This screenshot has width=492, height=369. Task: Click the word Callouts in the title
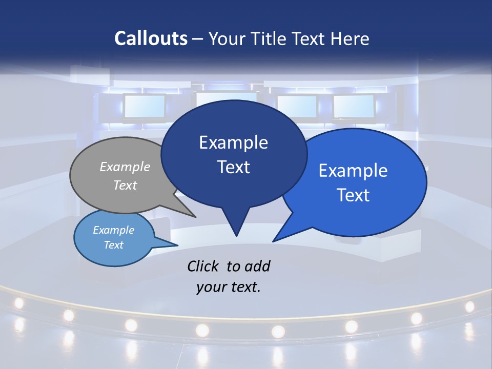click(x=151, y=38)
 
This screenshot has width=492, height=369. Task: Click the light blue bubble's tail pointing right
click(x=174, y=244)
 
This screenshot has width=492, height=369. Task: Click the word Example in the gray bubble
click(x=125, y=167)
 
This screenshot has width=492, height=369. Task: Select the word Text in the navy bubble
click(x=234, y=167)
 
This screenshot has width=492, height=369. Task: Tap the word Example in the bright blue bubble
click(x=353, y=171)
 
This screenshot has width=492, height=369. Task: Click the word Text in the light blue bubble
click(x=114, y=245)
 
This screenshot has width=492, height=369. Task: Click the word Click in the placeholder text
click(x=203, y=266)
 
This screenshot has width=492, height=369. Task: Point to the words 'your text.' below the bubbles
click(x=229, y=286)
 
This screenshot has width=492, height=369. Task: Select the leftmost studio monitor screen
click(x=145, y=107)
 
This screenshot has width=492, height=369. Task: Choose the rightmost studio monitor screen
click(x=353, y=107)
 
